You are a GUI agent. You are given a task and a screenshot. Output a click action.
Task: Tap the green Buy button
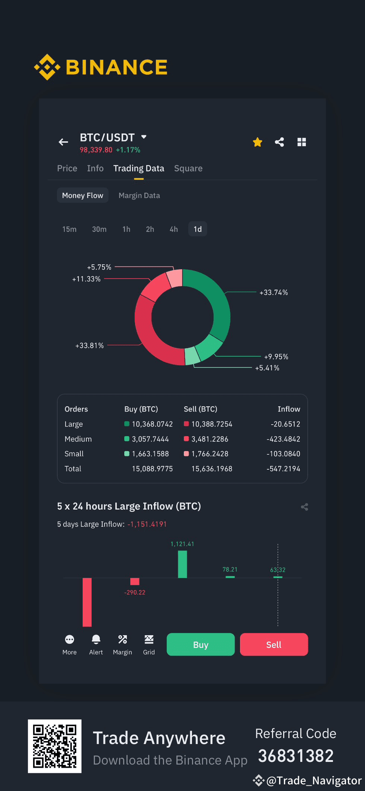[201, 644]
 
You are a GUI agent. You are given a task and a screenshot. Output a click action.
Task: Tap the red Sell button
[274, 644]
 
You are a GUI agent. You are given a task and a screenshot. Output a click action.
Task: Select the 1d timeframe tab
[197, 229]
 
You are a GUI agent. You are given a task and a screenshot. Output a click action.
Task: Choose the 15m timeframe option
[69, 229]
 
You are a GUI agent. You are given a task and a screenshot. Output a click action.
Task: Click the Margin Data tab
[139, 196]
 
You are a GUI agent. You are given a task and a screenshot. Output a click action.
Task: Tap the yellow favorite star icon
[257, 142]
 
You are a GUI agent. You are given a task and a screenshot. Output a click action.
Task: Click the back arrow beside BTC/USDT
[63, 142]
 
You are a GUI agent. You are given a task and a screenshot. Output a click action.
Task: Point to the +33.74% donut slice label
[274, 293]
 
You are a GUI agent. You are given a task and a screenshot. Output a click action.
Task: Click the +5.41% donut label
[267, 368]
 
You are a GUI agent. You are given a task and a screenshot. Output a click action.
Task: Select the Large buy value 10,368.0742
[153, 424]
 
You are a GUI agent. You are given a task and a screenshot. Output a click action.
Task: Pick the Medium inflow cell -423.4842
[283, 439]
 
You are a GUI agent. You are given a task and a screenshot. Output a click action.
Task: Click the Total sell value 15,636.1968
[212, 469]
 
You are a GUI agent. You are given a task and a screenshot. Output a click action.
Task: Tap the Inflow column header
[289, 409]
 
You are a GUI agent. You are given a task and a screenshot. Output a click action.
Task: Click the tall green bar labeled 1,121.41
[182, 564]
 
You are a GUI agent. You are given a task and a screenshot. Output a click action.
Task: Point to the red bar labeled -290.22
[135, 581]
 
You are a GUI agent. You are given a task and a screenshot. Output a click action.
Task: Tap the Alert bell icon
[96, 639]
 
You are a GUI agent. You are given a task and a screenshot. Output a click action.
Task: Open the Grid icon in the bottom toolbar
[149, 639]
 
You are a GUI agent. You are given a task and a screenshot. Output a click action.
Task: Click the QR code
[55, 746]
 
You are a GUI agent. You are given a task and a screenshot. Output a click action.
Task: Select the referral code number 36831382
[296, 756]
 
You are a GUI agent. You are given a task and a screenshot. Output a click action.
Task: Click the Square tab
[188, 168]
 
